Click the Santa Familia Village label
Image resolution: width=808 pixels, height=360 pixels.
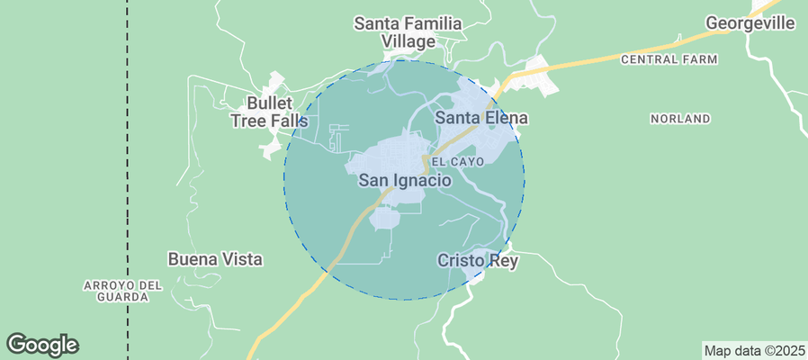[408, 32]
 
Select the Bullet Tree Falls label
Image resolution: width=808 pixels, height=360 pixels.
[269, 112]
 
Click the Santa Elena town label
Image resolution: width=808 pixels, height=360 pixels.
[481, 118]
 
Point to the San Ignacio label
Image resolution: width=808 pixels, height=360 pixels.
[404, 181]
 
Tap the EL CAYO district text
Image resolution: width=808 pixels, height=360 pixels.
[458, 162]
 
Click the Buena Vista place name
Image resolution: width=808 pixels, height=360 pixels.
[215, 259]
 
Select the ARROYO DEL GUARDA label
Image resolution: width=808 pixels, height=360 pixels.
[122, 291]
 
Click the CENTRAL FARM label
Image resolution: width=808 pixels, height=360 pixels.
[669, 59]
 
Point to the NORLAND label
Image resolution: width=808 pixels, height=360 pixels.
[680, 119]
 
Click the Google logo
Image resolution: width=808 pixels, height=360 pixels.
[42, 344]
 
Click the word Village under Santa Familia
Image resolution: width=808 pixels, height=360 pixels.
[408, 41]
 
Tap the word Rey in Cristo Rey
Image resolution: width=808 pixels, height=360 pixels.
[499, 260]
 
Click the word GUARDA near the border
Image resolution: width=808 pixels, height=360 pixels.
[122, 297]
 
